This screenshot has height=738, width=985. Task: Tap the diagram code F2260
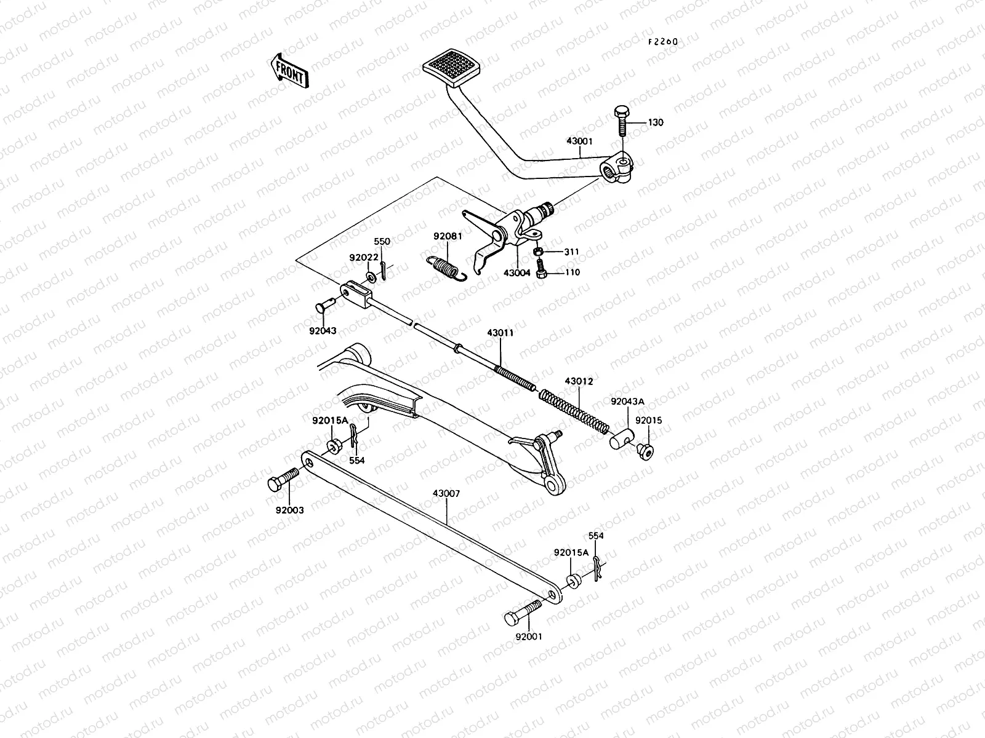662,42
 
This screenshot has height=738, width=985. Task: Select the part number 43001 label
579,141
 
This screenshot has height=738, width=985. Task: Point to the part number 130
656,122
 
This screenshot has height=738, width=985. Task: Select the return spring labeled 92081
446,268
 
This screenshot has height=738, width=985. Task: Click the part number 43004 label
517,272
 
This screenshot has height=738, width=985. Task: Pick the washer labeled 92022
372,277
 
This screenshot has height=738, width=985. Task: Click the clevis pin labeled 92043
326,304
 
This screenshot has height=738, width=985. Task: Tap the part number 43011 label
500,333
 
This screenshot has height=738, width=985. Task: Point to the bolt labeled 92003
283,479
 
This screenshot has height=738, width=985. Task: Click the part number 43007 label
446,494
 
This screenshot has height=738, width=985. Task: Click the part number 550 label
382,242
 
